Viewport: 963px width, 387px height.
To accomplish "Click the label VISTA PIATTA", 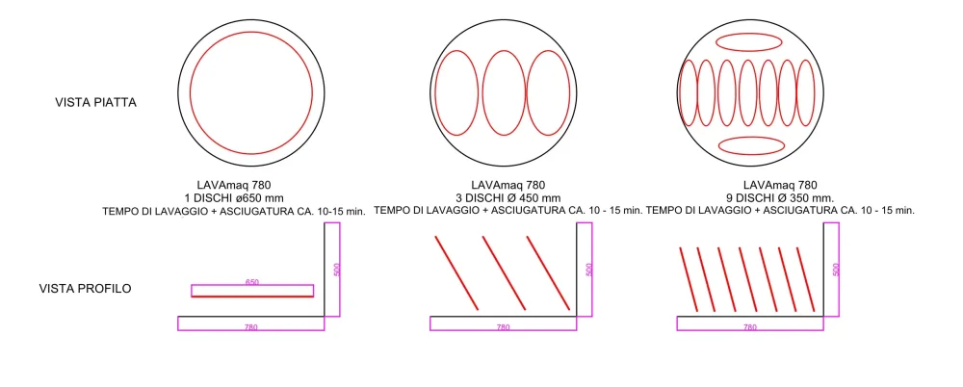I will click(95, 102).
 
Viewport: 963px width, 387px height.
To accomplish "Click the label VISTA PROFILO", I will click(86, 288).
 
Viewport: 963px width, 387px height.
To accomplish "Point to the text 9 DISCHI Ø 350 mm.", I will click(781, 197).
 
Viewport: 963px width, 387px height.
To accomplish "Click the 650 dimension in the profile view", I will click(252, 283).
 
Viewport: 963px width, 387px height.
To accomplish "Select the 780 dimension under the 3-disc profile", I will click(502, 327).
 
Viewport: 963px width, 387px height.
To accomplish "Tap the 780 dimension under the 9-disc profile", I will click(750, 327).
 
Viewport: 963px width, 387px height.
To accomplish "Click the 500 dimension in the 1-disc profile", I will click(335, 270).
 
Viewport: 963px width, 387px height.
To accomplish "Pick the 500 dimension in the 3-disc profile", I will click(589, 270).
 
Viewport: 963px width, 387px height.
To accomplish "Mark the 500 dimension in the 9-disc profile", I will click(836, 270).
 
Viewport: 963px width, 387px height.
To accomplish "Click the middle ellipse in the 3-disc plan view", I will click(504, 92).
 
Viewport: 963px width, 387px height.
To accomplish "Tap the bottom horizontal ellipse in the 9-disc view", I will click(752, 145).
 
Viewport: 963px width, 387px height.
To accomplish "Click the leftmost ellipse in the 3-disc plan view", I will click(456, 92).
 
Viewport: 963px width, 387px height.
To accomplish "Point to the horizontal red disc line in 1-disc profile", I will click(252, 297).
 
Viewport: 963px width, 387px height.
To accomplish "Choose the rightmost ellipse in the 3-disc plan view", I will click(551, 92).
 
